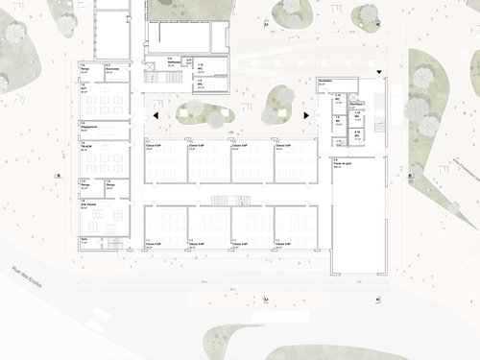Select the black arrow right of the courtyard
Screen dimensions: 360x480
(x=306, y=116)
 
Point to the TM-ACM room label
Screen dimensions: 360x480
(x=86, y=145)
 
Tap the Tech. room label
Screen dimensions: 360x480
(x=84, y=238)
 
